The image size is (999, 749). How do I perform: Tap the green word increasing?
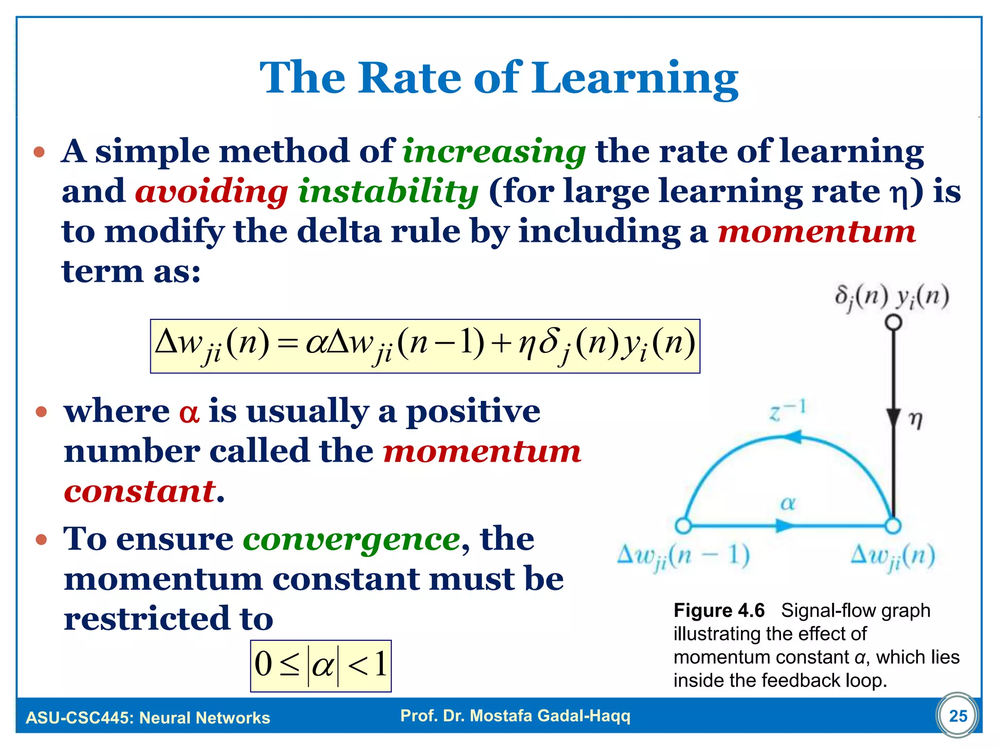pos(494,151)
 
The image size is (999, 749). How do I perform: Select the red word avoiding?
pos(211,191)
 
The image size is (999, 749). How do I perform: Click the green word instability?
pos(388,191)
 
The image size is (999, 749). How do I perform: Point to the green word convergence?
pos(351,539)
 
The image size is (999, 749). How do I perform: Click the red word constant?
pos(140,492)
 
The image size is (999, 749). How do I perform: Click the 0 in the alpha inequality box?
pos(263,665)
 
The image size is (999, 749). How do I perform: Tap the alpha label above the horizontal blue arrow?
pos(788,503)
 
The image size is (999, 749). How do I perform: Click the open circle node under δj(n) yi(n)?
pos(893,322)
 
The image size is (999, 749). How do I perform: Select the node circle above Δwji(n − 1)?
pos(683,526)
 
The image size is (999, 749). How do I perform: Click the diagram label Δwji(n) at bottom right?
pos(892,556)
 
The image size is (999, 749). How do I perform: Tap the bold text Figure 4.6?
pos(719,611)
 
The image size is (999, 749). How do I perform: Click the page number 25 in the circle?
pos(958,715)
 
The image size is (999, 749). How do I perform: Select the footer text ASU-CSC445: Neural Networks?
pos(148,718)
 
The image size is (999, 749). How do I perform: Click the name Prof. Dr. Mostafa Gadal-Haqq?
pos(515,716)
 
